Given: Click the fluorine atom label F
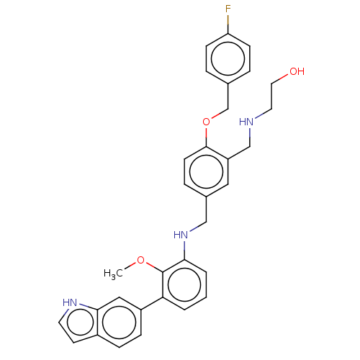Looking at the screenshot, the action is pyautogui.click(x=228, y=9).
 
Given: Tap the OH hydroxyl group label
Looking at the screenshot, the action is pyautogui.click(x=297, y=71).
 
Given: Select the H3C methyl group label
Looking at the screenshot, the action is pyautogui.click(x=113, y=274).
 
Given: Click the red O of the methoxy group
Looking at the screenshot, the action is pyautogui.click(x=140, y=260).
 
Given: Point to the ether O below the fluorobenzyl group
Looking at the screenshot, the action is pyautogui.click(x=206, y=122).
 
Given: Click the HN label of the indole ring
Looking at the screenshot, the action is pyautogui.click(x=70, y=302).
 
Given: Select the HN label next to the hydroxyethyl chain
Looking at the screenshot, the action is pyautogui.click(x=246, y=122).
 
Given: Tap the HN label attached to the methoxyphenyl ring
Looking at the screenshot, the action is pyautogui.click(x=181, y=235).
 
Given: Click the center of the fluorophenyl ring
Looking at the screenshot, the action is pyautogui.click(x=228, y=59).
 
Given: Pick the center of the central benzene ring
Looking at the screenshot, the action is pyautogui.click(x=206, y=172).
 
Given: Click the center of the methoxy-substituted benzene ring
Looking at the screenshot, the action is pyautogui.click(x=184, y=284).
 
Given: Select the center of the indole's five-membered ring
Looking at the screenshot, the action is pyautogui.click(x=81, y=323).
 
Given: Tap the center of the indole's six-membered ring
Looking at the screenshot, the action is pyautogui.click(x=120, y=323).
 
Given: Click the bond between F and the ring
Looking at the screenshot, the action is pyautogui.click(x=228, y=24).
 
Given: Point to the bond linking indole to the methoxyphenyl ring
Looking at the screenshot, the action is pyautogui.click(x=152, y=304).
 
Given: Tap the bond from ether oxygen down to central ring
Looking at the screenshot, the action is pyautogui.click(x=206, y=137).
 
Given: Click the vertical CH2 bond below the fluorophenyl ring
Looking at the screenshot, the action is pyautogui.click(x=228, y=96).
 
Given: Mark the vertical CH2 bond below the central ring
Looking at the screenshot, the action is pyautogui.click(x=206, y=210).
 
